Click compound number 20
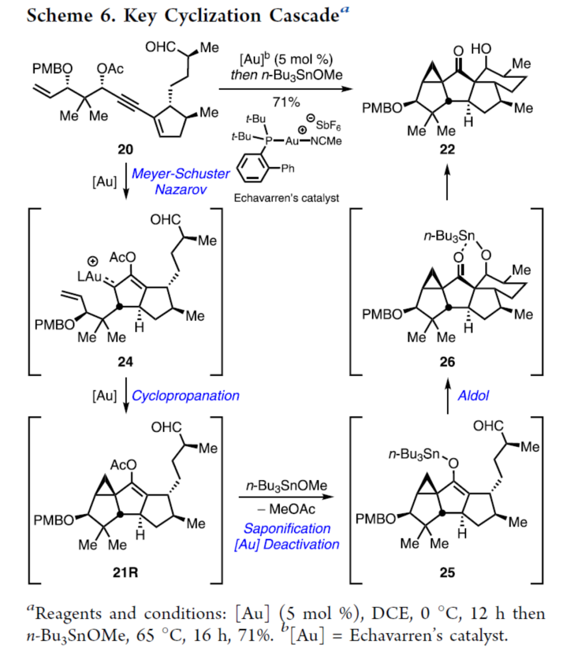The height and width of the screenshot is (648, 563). coord(125,149)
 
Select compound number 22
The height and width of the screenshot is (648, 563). coord(447,149)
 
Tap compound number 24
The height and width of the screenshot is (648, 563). coord(125,362)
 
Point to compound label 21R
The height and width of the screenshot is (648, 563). coord(125,572)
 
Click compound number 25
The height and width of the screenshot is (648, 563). coord(447,572)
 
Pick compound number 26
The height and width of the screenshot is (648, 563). coord(447,362)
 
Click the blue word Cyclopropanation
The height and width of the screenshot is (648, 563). coord(186,396)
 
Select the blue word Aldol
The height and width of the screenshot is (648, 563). coord(473,395)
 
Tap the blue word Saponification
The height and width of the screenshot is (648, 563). coord(287,528)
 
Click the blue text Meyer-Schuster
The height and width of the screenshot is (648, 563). coord(181,174)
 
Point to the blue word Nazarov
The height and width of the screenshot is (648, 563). coord(181,189)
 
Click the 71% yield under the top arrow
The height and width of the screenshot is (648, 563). coord(286,102)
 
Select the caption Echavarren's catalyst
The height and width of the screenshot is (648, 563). coord(286,198)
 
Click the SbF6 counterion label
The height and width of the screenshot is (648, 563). coord(328,124)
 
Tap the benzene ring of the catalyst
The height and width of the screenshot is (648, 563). coord(252,168)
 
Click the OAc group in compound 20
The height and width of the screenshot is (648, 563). coord(110,68)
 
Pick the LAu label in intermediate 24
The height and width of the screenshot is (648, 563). coord(89,276)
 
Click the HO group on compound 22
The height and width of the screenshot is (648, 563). coord(481,49)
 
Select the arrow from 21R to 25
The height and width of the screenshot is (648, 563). coord(286,497)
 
